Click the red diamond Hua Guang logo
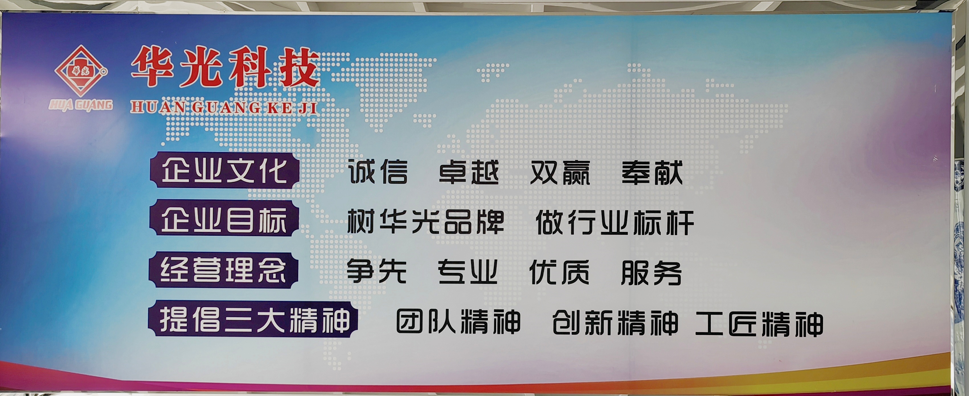81,71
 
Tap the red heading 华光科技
225,67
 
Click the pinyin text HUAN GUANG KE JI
224,107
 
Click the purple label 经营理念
224,270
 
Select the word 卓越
469,173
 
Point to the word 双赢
560,173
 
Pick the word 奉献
652,173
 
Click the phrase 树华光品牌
425,222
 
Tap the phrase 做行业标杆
615,222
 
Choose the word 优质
559,272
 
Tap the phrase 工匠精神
759,324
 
